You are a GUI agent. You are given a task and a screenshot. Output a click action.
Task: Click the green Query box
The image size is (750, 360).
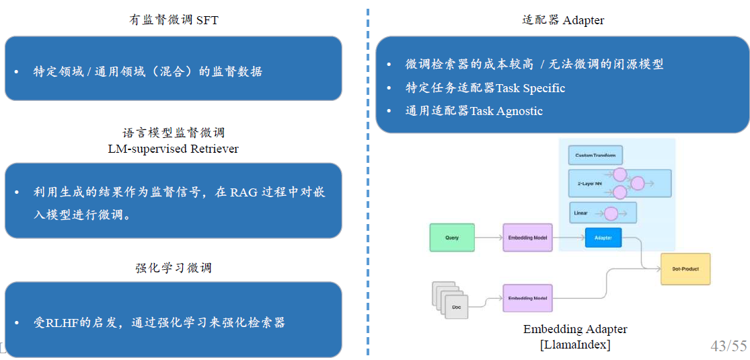(452, 238)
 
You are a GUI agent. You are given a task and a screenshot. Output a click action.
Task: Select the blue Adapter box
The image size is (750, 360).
(603, 238)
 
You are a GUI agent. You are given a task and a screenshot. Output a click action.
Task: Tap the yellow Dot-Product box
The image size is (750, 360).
(685, 269)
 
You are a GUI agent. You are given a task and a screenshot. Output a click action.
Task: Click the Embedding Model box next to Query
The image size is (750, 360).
(527, 238)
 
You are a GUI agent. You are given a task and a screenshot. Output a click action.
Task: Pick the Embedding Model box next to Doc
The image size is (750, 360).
(527, 298)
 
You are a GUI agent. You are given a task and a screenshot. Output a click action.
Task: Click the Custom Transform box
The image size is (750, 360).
(595, 155)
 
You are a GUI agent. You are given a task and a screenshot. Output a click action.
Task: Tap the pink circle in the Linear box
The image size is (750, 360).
(611, 214)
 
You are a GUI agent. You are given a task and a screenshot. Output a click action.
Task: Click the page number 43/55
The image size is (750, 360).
(728, 346)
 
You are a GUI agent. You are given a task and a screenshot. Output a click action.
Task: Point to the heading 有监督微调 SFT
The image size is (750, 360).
(174, 20)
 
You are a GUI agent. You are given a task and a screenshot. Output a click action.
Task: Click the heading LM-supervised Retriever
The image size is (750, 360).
(173, 149)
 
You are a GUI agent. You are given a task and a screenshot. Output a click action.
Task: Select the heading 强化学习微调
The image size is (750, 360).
(174, 268)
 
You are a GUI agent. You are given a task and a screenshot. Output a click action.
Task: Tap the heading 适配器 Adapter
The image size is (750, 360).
(563, 20)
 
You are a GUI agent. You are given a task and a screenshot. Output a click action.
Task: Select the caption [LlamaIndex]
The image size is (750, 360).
(575, 345)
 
